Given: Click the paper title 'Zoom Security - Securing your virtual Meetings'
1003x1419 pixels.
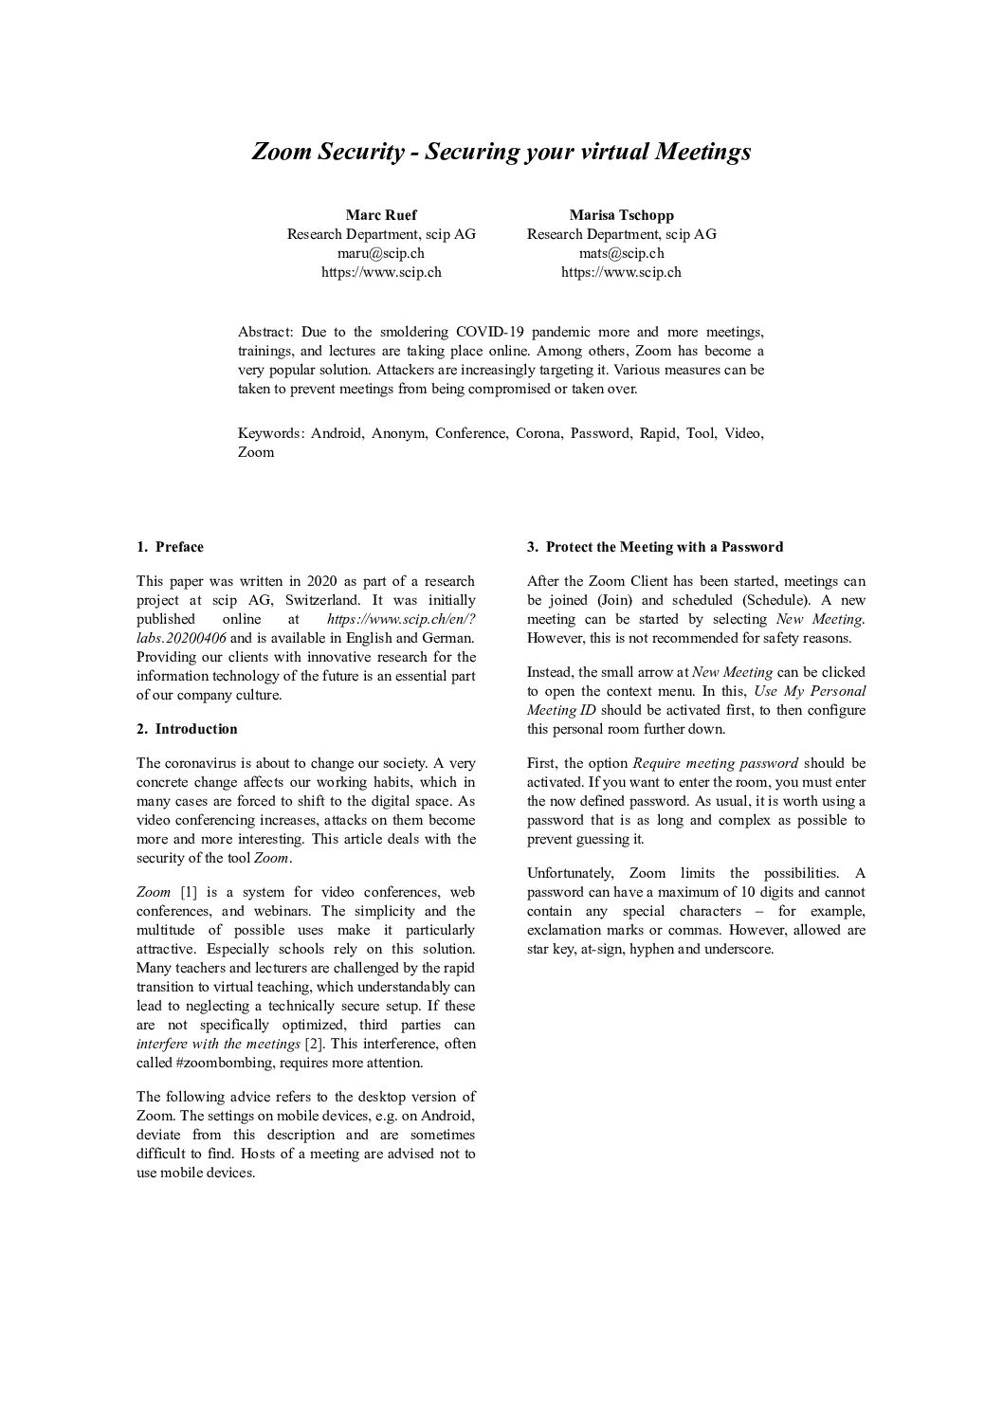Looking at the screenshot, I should [x=501, y=152].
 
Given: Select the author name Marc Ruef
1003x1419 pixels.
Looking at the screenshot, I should [x=381, y=215].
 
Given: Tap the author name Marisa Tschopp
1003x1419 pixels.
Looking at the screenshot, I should [x=621, y=215].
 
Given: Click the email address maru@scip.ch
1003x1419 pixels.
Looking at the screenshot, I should [x=381, y=253].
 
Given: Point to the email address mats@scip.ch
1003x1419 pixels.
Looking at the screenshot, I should [x=621, y=253].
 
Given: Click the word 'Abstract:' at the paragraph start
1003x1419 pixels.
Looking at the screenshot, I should [x=265, y=332].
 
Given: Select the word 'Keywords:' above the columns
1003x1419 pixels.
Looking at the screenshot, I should [x=270, y=433].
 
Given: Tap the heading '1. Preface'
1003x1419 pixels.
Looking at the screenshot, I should [x=170, y=547].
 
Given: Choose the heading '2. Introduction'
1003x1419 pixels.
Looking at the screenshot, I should [x=187, y=729].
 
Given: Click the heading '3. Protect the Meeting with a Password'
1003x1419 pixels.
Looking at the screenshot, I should [x=655, y=547].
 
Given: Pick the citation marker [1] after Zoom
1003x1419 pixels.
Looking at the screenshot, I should [x=189, y=892].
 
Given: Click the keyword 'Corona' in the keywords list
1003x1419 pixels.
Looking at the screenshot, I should [x=538, y=433].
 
